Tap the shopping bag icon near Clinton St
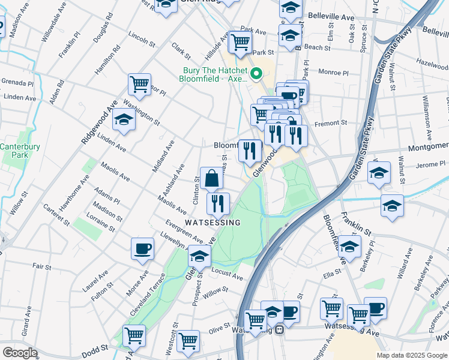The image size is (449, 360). (211, 178)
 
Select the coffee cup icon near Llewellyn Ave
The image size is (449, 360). (143, 249)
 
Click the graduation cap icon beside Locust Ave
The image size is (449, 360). (199, 257)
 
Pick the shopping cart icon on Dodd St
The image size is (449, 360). (133, 335)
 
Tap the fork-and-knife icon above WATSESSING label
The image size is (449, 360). (217, 204)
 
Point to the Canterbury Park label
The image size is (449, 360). (15, 151)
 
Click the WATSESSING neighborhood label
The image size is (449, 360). (212, 223)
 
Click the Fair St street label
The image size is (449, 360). (41, 266)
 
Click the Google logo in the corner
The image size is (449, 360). (20, 353)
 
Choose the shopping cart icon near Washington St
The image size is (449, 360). (139, 85)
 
